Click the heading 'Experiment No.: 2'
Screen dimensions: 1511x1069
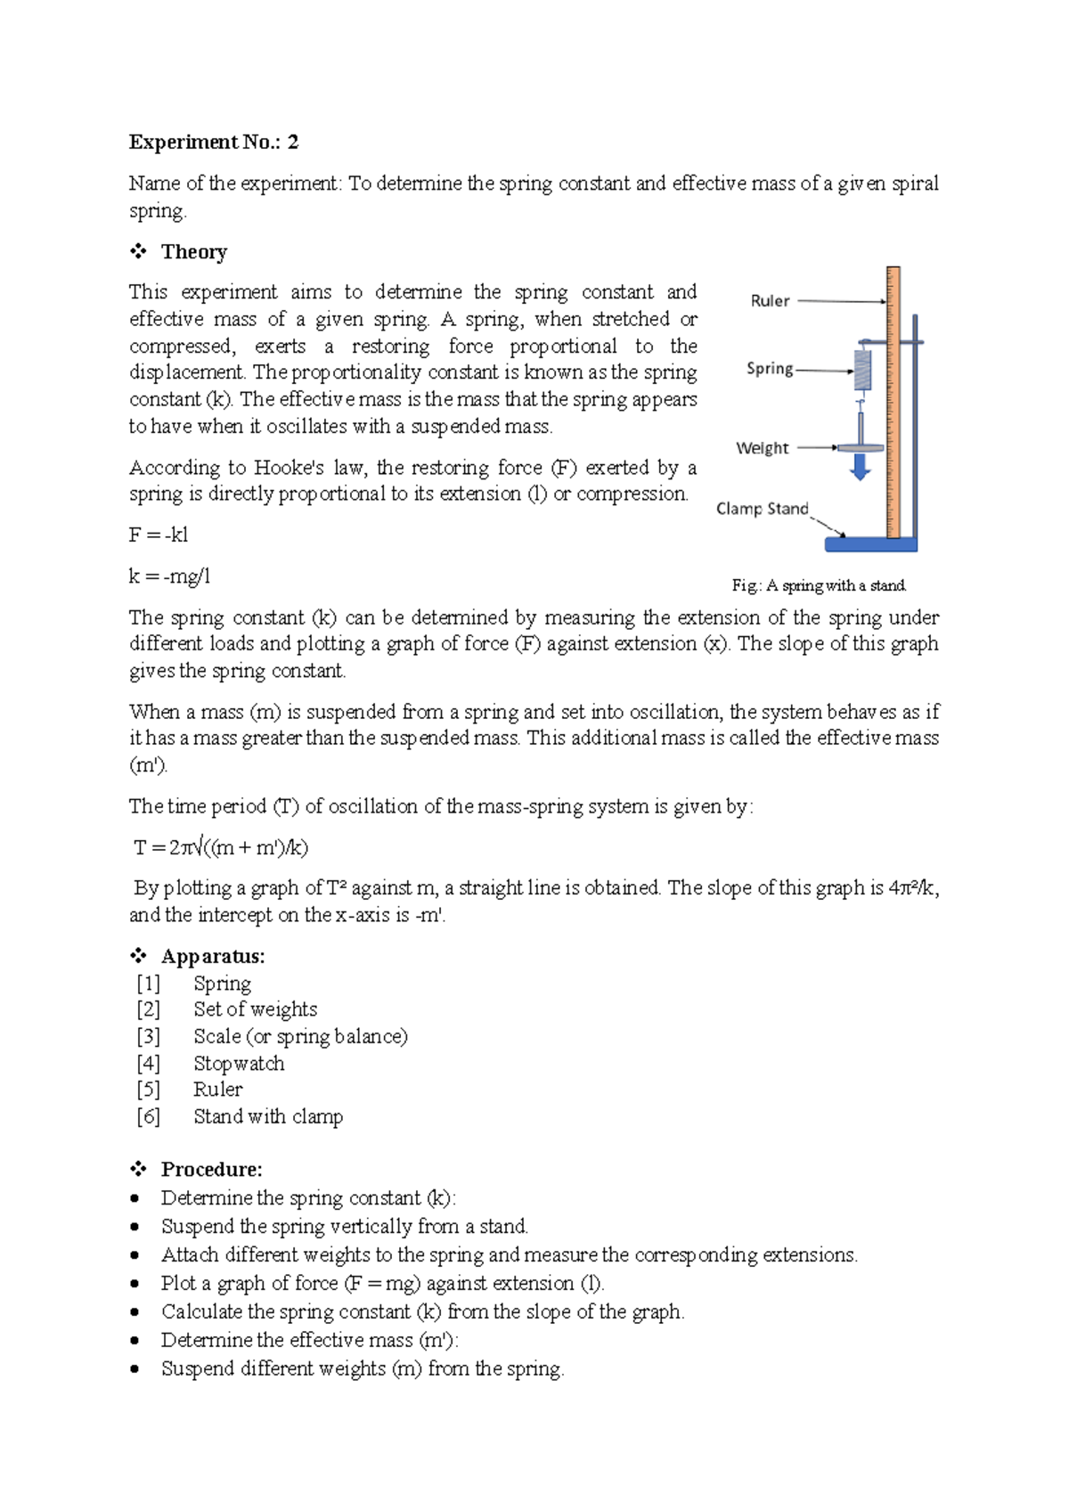coord(214,143)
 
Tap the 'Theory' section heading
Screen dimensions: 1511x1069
coord(193,252)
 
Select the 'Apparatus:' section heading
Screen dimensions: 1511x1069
coord(212,957)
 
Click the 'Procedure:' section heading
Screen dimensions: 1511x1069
coord(211,1170)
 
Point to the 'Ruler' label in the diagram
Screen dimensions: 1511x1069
coord(770,301)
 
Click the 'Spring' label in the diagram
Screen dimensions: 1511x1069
coord(770,369)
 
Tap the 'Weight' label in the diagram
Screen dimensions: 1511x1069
coord(762,448)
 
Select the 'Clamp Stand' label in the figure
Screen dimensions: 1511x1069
coord(762,509)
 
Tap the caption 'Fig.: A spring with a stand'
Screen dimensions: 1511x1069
coord(819,585)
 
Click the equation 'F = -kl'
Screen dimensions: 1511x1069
coord(159,535)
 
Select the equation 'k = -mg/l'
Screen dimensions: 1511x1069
coord(169,576)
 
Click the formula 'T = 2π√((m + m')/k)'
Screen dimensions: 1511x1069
coord(221,847)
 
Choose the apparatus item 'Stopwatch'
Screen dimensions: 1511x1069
coord(239,1064)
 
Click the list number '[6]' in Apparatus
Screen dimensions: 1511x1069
coord(148,1117)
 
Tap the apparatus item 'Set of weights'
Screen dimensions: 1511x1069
coord(255,1009)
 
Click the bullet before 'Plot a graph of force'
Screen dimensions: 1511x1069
coord(135,1284)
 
